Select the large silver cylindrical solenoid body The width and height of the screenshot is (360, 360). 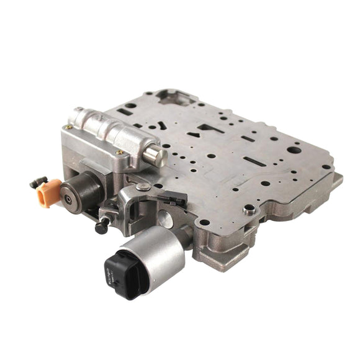click(158, 251)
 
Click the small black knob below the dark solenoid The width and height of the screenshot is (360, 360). click(102, 227)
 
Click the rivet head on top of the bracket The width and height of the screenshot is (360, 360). click(143, 187)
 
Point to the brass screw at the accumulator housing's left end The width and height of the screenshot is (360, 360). click(70, 127)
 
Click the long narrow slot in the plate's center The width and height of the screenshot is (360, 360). click(253, 161)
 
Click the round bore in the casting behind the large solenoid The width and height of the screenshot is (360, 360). click(165, 218)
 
